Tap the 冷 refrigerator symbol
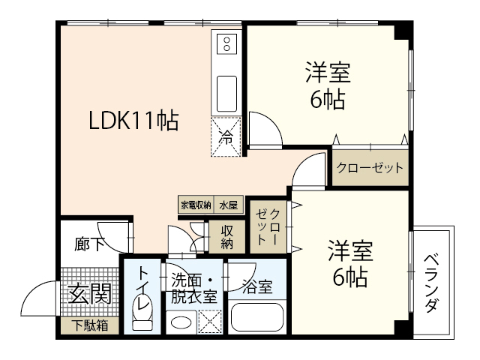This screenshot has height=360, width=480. point(226,137)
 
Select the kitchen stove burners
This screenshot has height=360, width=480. point(226,46)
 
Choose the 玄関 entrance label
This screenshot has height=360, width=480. point(90,293)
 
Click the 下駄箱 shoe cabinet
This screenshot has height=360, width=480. point(89,325)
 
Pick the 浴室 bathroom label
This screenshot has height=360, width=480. point(256,286)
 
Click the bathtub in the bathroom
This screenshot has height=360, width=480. point(257,317)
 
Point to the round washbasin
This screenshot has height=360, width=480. point(179,323)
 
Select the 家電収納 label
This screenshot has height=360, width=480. point(195,204)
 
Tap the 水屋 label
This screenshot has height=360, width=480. point(227,204)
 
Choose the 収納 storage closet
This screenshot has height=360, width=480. point(227,236)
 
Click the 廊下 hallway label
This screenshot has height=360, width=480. point(88,244)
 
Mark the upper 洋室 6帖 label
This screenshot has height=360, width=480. point(328,85)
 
